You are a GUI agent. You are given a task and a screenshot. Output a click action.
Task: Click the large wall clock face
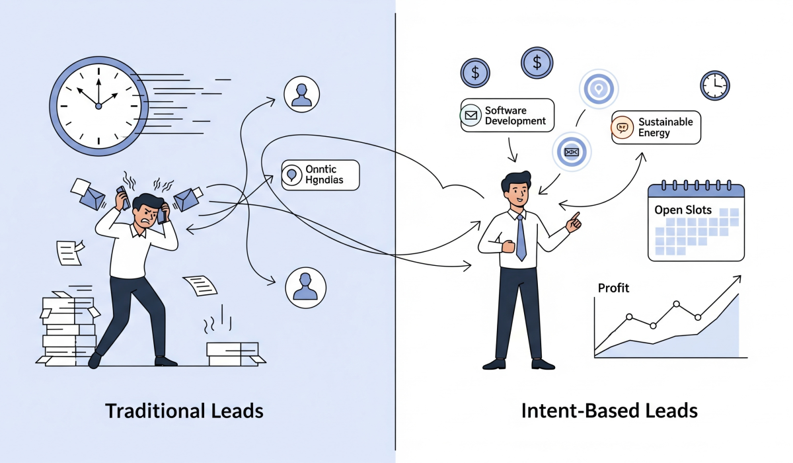click(98, 105)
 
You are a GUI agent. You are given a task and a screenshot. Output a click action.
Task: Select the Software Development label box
click(507, 116)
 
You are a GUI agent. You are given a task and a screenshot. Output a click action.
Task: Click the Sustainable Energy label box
click(656, 127)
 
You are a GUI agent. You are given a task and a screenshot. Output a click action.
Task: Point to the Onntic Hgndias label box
click(321, 175)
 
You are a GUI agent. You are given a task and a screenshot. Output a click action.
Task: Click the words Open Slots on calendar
click(683, 210)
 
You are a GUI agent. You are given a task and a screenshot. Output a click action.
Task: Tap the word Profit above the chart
click(613, 288)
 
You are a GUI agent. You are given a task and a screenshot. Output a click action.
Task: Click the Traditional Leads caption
click(184, 411)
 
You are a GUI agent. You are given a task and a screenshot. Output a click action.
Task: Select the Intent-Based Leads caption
click(609, 411)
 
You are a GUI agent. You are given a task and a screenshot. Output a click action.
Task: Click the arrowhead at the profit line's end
click(736, 280)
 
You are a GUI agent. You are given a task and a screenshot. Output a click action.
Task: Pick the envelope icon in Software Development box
click(471, 116)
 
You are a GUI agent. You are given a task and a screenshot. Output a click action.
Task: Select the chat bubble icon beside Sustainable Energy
click(623, 128)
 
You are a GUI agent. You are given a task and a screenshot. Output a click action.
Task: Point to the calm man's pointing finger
click(576, 217)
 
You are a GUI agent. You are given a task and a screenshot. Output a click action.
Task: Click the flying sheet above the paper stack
click(67, 252)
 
